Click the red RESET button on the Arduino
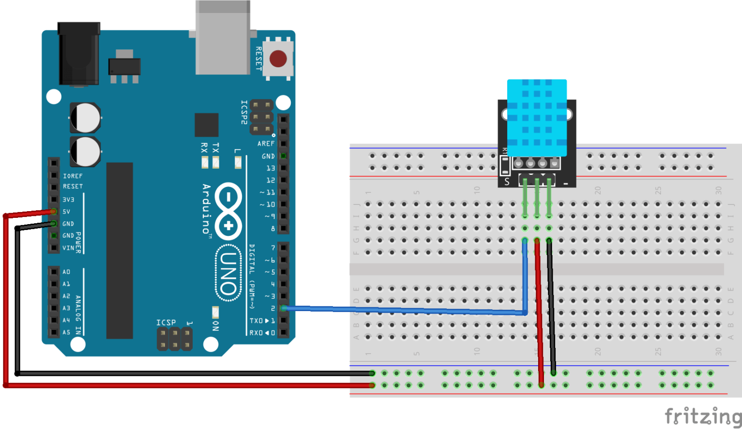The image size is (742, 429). [x=278, y=59]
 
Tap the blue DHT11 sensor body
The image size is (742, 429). [x=537, y=114]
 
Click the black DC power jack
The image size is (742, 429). [x=78, y=54]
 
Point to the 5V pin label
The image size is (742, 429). [x=67, y=212]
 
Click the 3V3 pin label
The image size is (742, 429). [x=68, y=200]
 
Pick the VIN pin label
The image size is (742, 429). [x=68, y=248]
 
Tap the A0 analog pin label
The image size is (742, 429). [x=66, y=272]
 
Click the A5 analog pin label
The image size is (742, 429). [x=66, y=332]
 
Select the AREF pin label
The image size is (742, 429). [x=266, y=143]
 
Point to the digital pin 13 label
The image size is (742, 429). [x=271, y=168]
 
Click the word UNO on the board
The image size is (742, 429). [x=228, y=273]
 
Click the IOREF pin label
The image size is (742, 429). [x=72, y=176]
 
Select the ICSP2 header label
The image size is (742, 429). [x=244, y=112]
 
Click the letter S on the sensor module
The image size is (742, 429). [x=507, y=182]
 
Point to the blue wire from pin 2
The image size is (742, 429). [x=406, y=310]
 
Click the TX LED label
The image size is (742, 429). [x=215, y=147]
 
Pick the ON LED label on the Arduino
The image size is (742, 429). [x=215, y=326]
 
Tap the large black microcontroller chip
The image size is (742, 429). [x=119, y=250]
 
